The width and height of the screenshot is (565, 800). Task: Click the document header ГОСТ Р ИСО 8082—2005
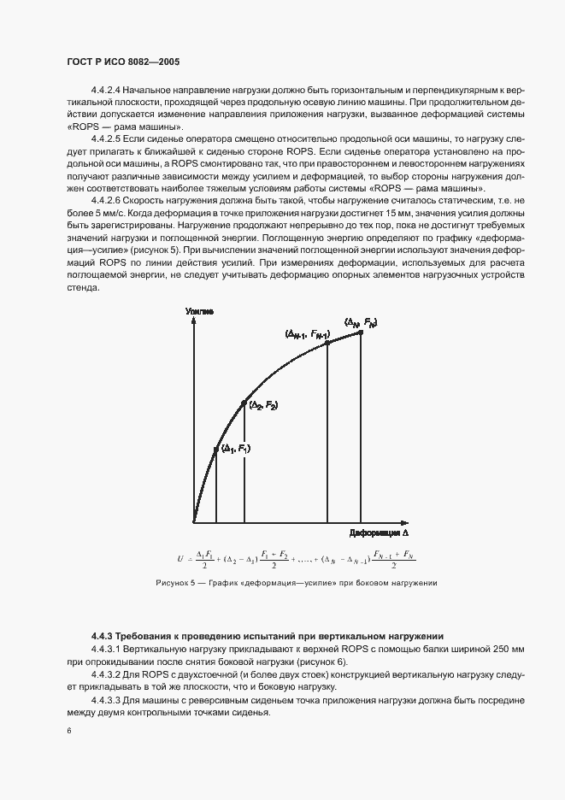(121, 62)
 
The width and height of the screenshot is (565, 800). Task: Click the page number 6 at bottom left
(68, 731)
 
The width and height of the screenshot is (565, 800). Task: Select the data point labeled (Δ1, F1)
(215, 448)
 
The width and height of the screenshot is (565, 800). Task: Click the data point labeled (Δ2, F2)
(244, 403)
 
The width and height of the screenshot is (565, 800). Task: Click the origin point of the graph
(195, 521)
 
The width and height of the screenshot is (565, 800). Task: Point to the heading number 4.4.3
(102, 636)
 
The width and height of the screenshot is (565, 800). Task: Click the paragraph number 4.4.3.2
(109, 675)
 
